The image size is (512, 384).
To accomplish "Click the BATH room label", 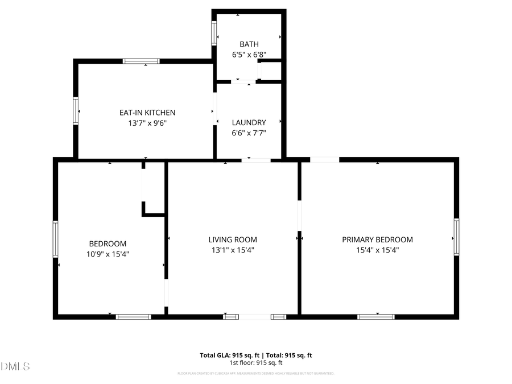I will pyautogui.click(x=249, y=44).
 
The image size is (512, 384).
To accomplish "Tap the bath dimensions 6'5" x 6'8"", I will pyautogui.click(x=249, y=55).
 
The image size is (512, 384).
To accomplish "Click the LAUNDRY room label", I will pyautogui.click(x=249, y=122).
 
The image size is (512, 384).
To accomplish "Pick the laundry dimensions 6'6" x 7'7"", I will pyautogui.click(x=249, y=133).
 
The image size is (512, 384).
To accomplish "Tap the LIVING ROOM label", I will pyautogui.click(x=232, y=240).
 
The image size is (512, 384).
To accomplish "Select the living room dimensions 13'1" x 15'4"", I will pyautogui.click(x=232, y=250).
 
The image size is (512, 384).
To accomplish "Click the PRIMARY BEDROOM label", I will pyautogui.click(x=377, y=240).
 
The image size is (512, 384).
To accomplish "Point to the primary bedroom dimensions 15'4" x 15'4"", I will pyautogui.click(x=377, y=250).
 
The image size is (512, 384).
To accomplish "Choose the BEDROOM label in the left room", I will pyautogui.click(x=108, y=243).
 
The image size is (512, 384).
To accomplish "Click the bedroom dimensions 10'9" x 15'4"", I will pyautogui.click(x=108, y=254).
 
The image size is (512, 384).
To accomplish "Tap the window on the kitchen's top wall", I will pyautogui.click(x=141, y=61).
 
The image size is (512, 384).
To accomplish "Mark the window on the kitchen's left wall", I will pyautogui.click(x=75, y=110).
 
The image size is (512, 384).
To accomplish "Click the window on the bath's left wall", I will pyautogui.click(x=214, y=33).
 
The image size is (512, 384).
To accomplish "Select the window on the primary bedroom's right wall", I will pyautogui.click(x=456, y=237).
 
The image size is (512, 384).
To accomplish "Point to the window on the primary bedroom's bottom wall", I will pyautogui.click(x=375, y=316).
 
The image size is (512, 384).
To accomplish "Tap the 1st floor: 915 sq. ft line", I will pyautogui.click(x=255, y=362).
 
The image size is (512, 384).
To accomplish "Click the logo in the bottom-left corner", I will pyautogui.click(x=16, y=366).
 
